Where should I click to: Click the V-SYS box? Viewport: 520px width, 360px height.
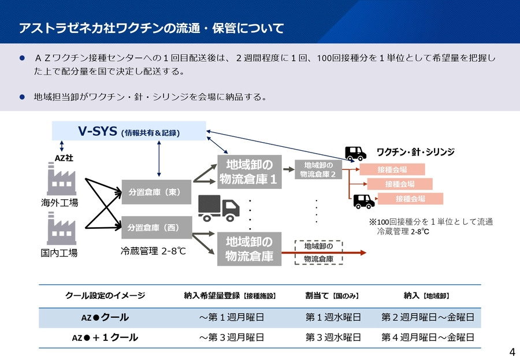pyautogui.click(x=129, y=131)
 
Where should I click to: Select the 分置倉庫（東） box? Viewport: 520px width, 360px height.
pyautogui.click(x=156, y=192)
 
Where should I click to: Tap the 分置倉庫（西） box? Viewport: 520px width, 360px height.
pyautogui.click(x=157, y=228)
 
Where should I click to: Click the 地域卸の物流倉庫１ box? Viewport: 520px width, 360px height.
pyautogui.click(x=250, y=172)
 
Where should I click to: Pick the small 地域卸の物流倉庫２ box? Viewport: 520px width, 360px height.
pyautogui.click(x=318, y=169)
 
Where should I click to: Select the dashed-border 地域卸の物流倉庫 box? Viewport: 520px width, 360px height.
pyautogui.click(x=318, y=253)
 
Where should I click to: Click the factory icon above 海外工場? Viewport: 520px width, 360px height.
pyautogui.click(x=61, y=179)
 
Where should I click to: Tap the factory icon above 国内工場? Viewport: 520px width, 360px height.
pyautogui.click(x=61, y=229)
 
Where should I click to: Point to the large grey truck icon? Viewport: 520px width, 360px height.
pyautogui.click(x=218, y=208)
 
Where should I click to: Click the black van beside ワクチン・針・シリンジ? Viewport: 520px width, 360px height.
pyautogui.click(x=355, y=154)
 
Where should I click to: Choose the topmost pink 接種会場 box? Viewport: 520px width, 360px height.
pyautogui.click(x=392, y=169)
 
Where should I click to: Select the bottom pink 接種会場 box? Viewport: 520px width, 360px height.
pyautogui.click(x=410, y=199)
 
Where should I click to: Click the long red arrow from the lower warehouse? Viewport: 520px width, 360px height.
pyautogui.click(x=324, y=253)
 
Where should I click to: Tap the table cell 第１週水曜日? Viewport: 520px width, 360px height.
pyautogui.click(x=333, y=318)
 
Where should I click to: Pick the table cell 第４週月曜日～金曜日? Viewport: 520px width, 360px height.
pyautogui.click(x=428, y=337)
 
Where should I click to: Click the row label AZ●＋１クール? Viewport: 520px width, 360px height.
pyautogui.click(x=105, y=338)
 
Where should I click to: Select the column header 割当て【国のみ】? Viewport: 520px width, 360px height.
pyautogui.click(x=332, y=296)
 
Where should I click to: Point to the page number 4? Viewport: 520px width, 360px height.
pyautogui.click(x=512, y=352)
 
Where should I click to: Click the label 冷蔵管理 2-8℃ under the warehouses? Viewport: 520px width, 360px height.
pyautogui.click(x=153, y=251)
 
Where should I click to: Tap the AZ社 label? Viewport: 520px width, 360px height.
pyautogui.click(x=64, y=158)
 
